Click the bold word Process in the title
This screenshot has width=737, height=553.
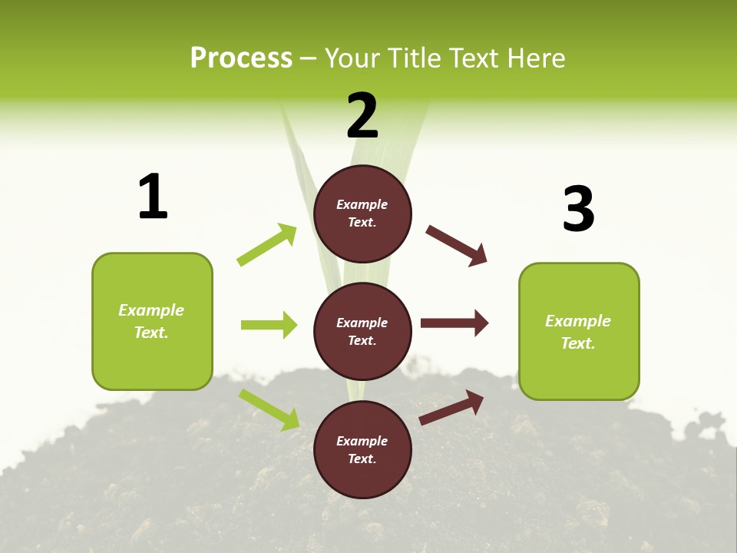coord(241,58)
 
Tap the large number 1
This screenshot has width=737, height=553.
coord(153,197)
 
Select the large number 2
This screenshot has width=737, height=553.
coord(362,116)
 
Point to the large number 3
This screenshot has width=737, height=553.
coord(579,209)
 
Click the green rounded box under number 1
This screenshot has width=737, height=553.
coord(152,321)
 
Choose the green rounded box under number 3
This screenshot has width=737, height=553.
coord(579,331)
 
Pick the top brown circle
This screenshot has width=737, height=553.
coord(362,214)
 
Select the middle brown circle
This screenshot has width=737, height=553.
coord(362,331)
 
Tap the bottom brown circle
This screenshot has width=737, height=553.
coord(362,449)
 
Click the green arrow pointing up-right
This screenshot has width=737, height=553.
coord(267,244)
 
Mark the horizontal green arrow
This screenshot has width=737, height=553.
coord(269,325)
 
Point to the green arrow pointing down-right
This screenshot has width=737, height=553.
coord(269,409)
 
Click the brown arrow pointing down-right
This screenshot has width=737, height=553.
coord(457,246)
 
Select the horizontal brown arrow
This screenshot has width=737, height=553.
coord(454,323)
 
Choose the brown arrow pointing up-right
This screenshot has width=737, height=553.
coord(451,407)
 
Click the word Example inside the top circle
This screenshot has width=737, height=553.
coord(362,204)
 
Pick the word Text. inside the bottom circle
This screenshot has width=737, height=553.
coord(362,459)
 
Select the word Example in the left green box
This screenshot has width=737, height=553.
coord(151,310)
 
